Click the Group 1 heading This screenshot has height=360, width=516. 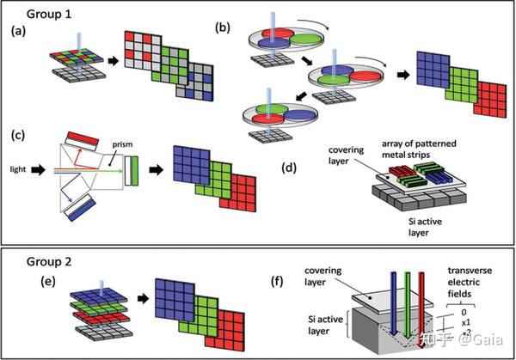pyautogui.click(x=49, y=14)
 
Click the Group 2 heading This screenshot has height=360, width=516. pyautogui.click(x=49, y=262)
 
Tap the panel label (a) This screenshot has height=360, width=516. pyautogui.click(x=18, y=31)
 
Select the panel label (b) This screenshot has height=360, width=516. pyautogui.click(x=223, y=28)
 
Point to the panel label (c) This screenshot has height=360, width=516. pyautogui.click(x=18, y=136)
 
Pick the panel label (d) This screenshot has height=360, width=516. pyautogui.click(x=289, y=168)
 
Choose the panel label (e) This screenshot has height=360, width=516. pyautogui.click(x=48, y=282)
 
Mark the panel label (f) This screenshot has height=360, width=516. pyautogui.click(x=277, y=282)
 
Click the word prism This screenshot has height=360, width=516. pyautogui.click(x=122, y=144)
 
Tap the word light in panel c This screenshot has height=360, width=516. pyautogui.click(x=18, y=169)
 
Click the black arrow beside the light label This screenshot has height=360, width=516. pyautogui.click(x=39, y=169)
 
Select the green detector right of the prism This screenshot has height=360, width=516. pyautogui.click(x=135, y=171)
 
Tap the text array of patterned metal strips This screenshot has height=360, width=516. pyautogui.click(x=419, y=149)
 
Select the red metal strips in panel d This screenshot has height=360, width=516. pyautogui.click(x=402, y=171)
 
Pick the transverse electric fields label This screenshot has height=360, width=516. pyautogui.click(x=470, y=282)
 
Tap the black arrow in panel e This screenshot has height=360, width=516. pyautogui.click(x=143, y=298)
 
